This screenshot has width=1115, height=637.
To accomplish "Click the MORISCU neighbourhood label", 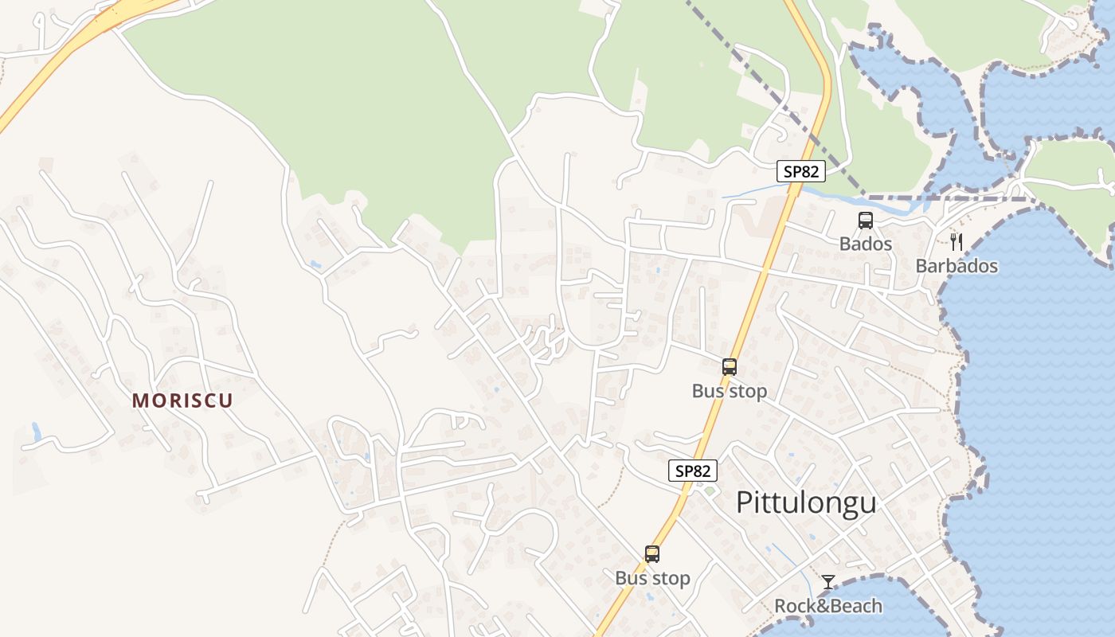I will coord(182,401).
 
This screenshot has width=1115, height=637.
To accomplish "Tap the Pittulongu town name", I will coord(806,502).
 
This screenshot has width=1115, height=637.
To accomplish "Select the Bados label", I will coord(865,244).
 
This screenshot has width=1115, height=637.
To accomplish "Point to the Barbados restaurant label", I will coord(957,266).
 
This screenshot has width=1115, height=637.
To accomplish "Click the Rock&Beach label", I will coord(828,607).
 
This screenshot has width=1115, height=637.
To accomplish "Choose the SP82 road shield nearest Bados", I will coord(801,171).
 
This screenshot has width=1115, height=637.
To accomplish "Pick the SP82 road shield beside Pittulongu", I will coord(693,471).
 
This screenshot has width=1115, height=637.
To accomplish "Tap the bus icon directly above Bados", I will coord(866,221).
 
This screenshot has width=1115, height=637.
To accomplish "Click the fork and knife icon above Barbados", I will coord(957,242).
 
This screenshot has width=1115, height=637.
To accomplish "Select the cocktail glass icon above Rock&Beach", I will coord(828,582).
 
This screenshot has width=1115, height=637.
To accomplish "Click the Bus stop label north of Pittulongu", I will coord(730,391).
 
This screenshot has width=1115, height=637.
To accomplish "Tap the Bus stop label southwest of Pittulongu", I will coord(652,578).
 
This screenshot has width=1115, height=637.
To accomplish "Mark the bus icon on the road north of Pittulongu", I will coord(730,367).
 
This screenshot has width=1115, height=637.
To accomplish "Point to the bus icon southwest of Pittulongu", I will coord(652,554).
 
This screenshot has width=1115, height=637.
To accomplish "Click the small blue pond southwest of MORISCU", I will coord(36,432).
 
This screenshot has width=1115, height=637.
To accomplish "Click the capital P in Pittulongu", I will coord(745,502).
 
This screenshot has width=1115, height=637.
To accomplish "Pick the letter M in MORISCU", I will coord(140,401).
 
